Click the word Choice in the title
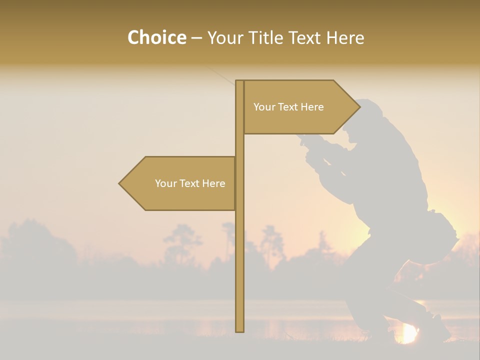point(156,37)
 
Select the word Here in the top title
point(345,37)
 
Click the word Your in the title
point(227,37)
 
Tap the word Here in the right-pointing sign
point(312,107)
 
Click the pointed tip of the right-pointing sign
point(359,107)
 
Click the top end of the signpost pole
point(239,81)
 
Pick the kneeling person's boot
point(436,327)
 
